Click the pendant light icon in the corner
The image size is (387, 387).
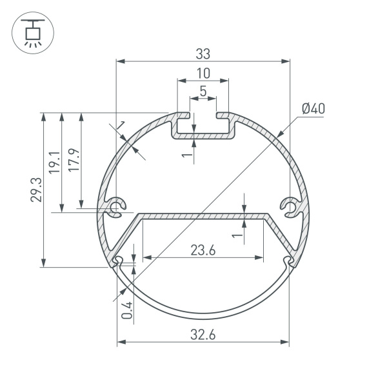pos(30,32)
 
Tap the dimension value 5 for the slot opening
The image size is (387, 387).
pos(203,91)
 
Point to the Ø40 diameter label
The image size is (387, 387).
pos(313,108)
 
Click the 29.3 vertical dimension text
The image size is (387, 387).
pos(36,190)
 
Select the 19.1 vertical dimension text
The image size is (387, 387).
pos(55,162)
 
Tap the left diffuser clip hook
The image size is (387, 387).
pos(117,261)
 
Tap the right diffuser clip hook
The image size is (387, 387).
pos(288,261)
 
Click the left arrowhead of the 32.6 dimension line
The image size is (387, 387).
pos(121,341)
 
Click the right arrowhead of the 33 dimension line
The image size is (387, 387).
pos(286,62)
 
